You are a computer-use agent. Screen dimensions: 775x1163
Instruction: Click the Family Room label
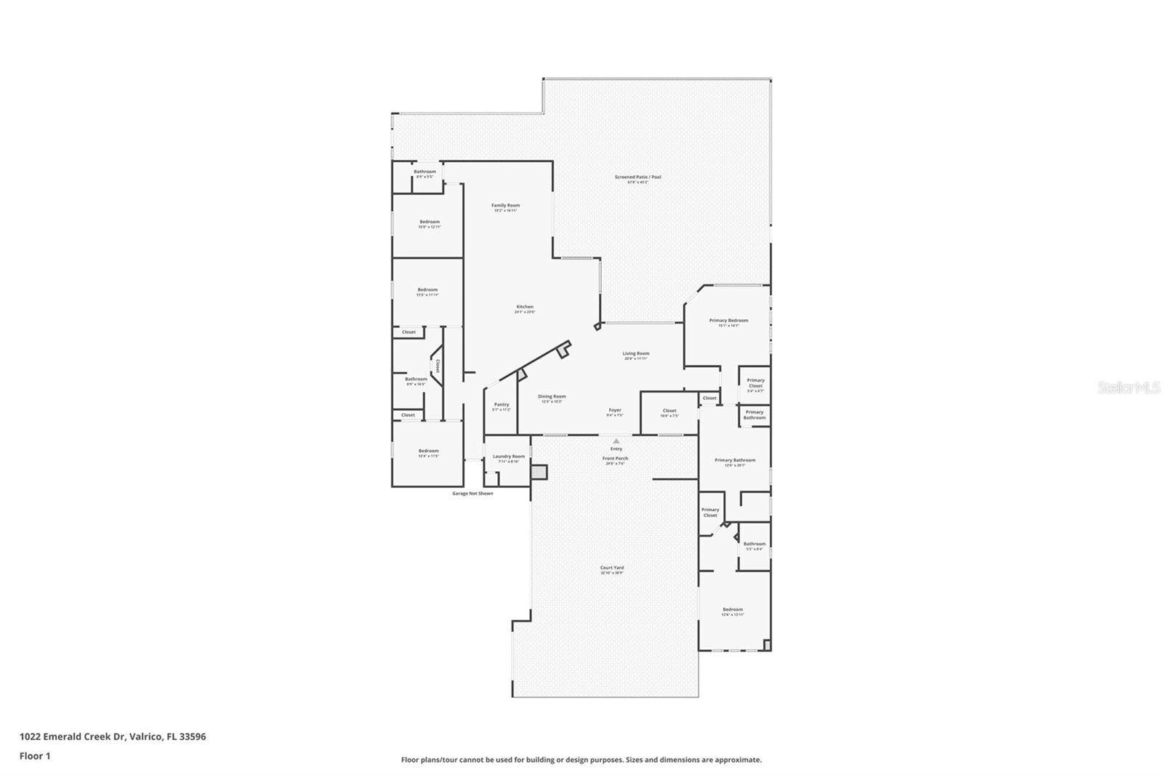(x=505, y=206)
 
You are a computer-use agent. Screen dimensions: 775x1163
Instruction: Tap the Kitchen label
(x=525, y=307)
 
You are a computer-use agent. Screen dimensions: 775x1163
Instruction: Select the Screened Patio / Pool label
(x=637, y=177)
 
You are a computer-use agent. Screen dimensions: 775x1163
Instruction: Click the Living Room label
(x=635, y=354)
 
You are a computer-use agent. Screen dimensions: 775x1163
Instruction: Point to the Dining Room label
(x=552, y=397)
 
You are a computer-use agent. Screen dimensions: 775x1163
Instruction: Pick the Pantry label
(x=502, y=405)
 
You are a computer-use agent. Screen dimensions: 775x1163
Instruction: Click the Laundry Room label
(x=508, y=457)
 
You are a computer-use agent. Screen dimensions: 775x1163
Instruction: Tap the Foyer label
(x=615, y=411)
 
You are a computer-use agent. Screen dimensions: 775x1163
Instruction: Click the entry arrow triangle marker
(x=616, y=441)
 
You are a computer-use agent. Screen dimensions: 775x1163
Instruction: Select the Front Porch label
(x=615, y=459)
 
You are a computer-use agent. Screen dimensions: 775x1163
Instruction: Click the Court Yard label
(x=612, y=569)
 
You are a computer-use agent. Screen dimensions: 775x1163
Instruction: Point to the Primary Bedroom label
(x=728, y=321)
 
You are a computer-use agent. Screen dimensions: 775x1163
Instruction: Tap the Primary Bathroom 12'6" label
(x=734, y=460)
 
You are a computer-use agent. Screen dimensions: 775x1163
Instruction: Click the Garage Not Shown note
(x=472, y=494)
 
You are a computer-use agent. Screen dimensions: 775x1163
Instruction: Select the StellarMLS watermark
(x=1128, y=388)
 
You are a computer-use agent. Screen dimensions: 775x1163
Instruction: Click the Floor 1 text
(x=35, y=756)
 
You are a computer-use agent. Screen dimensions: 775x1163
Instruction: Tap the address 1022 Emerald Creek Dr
(x=113, y=736)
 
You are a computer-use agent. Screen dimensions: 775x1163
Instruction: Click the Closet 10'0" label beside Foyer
(x=669, y=411)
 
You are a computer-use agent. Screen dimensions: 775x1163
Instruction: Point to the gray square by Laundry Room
(x=538, y=473)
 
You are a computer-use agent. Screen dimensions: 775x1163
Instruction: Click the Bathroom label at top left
(x=425, y=172)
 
